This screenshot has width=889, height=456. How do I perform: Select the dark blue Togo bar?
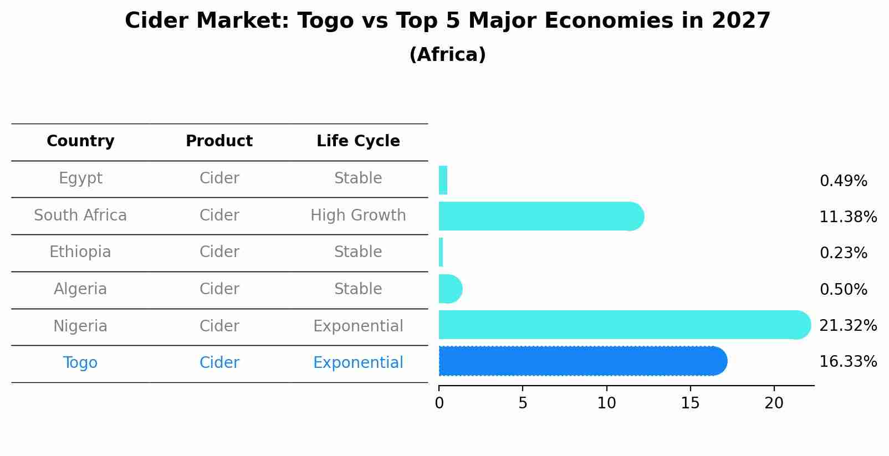coord(582,361)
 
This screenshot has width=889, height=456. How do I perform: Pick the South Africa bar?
coord(540,216)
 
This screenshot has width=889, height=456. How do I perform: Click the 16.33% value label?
coord(847,362)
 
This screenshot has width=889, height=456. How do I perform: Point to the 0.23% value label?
coord(843,253)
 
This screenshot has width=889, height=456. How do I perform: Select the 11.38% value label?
coord(847,217)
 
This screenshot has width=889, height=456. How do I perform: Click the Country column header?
coord(80,141)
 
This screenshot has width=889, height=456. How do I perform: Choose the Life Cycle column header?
coord(358,141)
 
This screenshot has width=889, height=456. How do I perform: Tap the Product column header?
coord(219,141)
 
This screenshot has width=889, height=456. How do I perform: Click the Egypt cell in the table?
coord(80,178)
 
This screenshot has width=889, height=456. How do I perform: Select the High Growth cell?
coord(358,216)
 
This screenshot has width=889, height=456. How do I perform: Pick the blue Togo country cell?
coord(80,363)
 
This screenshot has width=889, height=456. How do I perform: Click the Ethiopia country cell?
coord(80,252)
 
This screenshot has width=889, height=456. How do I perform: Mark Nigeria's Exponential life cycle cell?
coord(358,326)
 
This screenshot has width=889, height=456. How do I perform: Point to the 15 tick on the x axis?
coord(690,403)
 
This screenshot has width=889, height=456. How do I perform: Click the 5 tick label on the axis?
coord(523,403)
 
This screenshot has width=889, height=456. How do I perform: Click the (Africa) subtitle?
coord(447,55)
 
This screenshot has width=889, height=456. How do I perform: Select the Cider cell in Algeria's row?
coord(219,289)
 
